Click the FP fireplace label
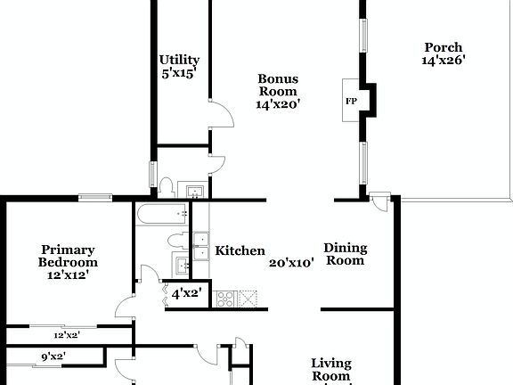tap(350, 101)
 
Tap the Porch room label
tap(443, 48)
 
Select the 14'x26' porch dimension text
tap(444, 61)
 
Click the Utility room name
tap(179, 60)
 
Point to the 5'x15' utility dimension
tap(179, 73)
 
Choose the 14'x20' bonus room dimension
tap(278, 104)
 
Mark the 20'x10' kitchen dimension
tap(291, 263)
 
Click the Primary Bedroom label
tap(68, 257)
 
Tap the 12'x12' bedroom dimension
tap(68, 275)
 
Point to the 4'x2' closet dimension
tap(187, 292)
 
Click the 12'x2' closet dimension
tap(68, 336)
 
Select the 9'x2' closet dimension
tap(53, 357)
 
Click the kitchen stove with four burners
tap(224, 298)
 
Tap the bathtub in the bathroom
tap(161, 213)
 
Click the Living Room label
tap(330, 370)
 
